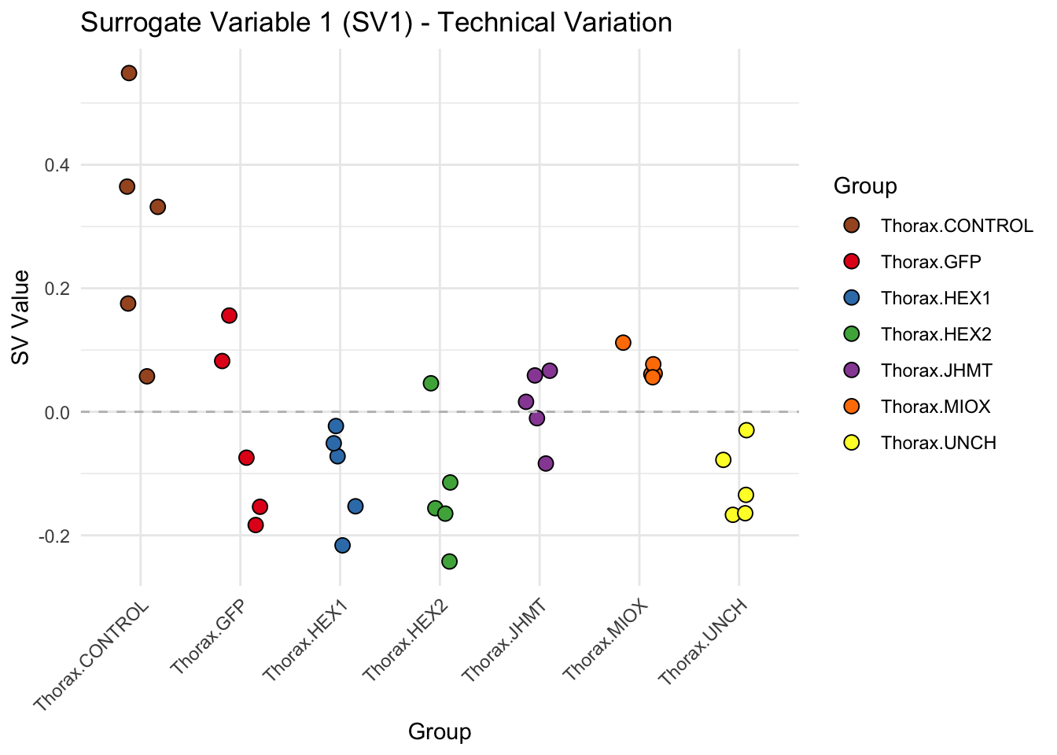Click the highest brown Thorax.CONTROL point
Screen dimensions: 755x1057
(129, 73)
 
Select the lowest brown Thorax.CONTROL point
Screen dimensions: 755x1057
(147, 376)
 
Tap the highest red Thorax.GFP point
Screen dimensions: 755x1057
(230, 315)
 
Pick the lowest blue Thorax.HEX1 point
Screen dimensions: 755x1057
(342, 545)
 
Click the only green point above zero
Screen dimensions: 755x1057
(431, 383)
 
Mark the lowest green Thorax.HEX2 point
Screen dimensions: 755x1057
(450, 561)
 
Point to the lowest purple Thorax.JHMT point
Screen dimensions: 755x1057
(546, 463)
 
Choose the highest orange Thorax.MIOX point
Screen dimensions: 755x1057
(624, 342)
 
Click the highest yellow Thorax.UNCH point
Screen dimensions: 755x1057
(746, 430)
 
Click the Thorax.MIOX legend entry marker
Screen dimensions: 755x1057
(851, 407)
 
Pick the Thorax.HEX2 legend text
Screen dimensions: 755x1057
(936, 334)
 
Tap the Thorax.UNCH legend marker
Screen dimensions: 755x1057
(851, 443)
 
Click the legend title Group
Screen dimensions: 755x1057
(865, 186)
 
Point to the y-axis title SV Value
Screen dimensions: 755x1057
(21, 318)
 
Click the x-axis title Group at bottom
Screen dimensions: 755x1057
(440, 732)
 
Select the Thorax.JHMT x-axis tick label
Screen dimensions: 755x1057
(503, 639)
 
